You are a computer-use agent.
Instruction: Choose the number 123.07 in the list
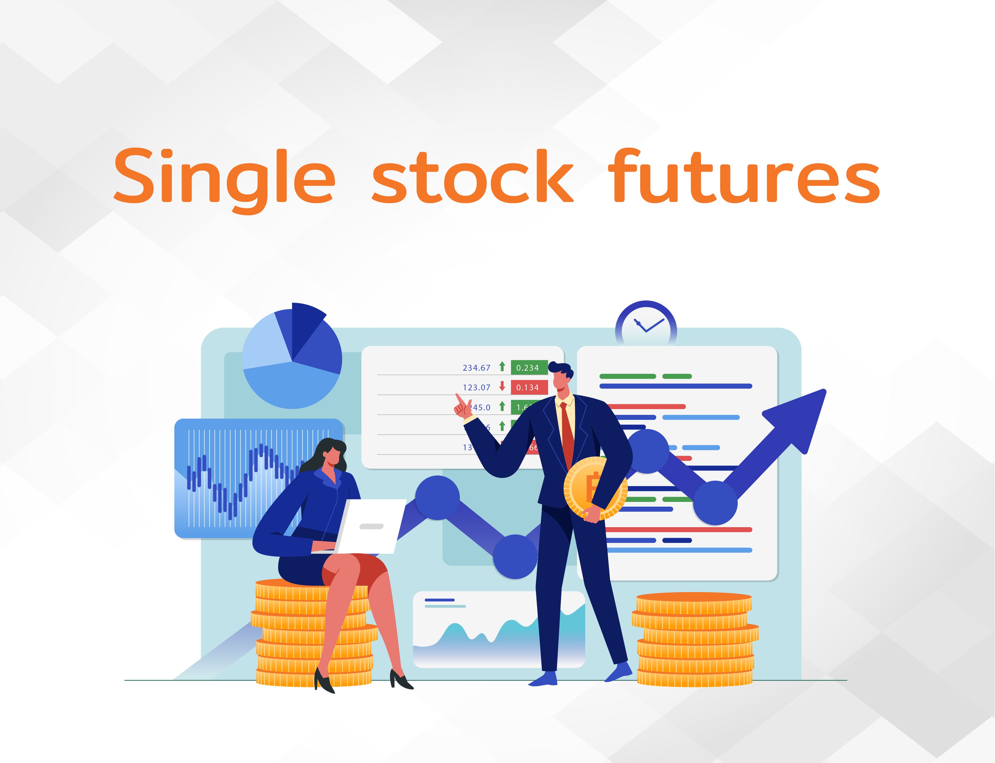476,387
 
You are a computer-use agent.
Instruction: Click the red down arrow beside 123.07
502,386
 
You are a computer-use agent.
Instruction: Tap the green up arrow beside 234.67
502,367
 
